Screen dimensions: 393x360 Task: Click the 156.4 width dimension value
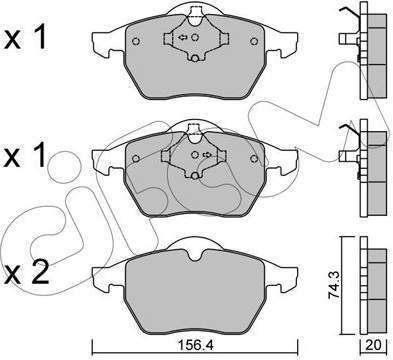click(x=195, y=345)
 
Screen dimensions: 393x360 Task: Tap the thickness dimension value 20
click(x=374, y=345)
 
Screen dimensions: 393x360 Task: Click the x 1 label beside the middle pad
click(x=25, y=155)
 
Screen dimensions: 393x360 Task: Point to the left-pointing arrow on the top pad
click(x=183, y=37)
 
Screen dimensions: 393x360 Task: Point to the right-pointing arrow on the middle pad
click(x=207, y=154)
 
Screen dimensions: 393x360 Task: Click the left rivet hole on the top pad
click(x=136, y=41)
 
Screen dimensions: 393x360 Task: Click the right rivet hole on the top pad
click(x=254, y=41)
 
